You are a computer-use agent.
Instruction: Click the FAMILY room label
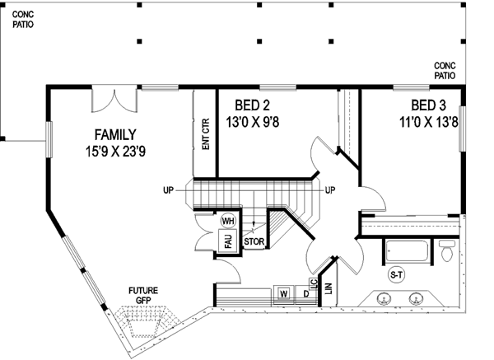(x=114, y=134)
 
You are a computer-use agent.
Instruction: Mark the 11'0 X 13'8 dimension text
(x=427, y=121)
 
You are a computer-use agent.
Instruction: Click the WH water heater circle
(x=228, y=221)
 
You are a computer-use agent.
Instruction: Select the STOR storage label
(x=254, y=242)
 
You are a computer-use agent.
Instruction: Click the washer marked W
(x=283, y=293)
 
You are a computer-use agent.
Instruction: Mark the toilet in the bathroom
(x=447, y=250)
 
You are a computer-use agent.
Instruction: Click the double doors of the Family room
(x=114, y=101)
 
